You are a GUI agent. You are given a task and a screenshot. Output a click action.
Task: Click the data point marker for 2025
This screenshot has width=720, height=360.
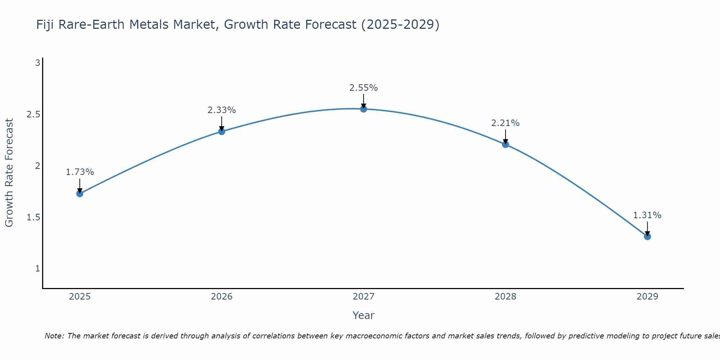80,194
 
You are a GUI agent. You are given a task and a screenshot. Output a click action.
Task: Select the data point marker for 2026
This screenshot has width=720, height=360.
222,131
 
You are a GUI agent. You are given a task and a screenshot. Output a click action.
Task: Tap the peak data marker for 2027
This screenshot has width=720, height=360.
364,109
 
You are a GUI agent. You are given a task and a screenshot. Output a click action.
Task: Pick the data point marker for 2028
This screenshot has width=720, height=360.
505,144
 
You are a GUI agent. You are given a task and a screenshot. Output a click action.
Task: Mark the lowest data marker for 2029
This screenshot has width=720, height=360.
647,237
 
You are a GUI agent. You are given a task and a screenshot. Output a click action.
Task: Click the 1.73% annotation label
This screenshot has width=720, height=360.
80,172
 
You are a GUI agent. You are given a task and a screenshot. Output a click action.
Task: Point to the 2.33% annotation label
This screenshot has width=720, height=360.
222,110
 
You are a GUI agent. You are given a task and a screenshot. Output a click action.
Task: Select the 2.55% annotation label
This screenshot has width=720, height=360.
364,88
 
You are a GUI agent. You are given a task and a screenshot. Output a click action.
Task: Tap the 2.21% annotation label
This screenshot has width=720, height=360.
505,123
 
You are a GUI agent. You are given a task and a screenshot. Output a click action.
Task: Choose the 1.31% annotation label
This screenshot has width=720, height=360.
647,215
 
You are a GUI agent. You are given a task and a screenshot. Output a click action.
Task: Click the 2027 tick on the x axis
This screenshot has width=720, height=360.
364,297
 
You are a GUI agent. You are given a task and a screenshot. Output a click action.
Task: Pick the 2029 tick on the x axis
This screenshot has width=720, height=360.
647,297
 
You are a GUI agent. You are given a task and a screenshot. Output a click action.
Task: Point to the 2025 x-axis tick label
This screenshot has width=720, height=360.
80,297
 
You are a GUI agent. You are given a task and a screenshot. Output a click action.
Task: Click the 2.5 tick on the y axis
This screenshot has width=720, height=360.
33,114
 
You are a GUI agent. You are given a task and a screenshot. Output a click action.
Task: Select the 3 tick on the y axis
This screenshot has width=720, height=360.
37,63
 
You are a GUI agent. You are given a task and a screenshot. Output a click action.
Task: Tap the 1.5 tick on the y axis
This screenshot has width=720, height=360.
33,217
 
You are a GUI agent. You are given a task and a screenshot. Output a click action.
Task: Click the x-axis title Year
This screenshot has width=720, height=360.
364,315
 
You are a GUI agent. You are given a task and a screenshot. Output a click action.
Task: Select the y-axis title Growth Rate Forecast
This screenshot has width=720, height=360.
9,173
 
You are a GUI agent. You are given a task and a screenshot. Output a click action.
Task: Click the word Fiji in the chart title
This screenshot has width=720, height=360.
45,24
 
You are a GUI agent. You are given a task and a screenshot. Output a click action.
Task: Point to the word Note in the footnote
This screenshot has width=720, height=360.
54,336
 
